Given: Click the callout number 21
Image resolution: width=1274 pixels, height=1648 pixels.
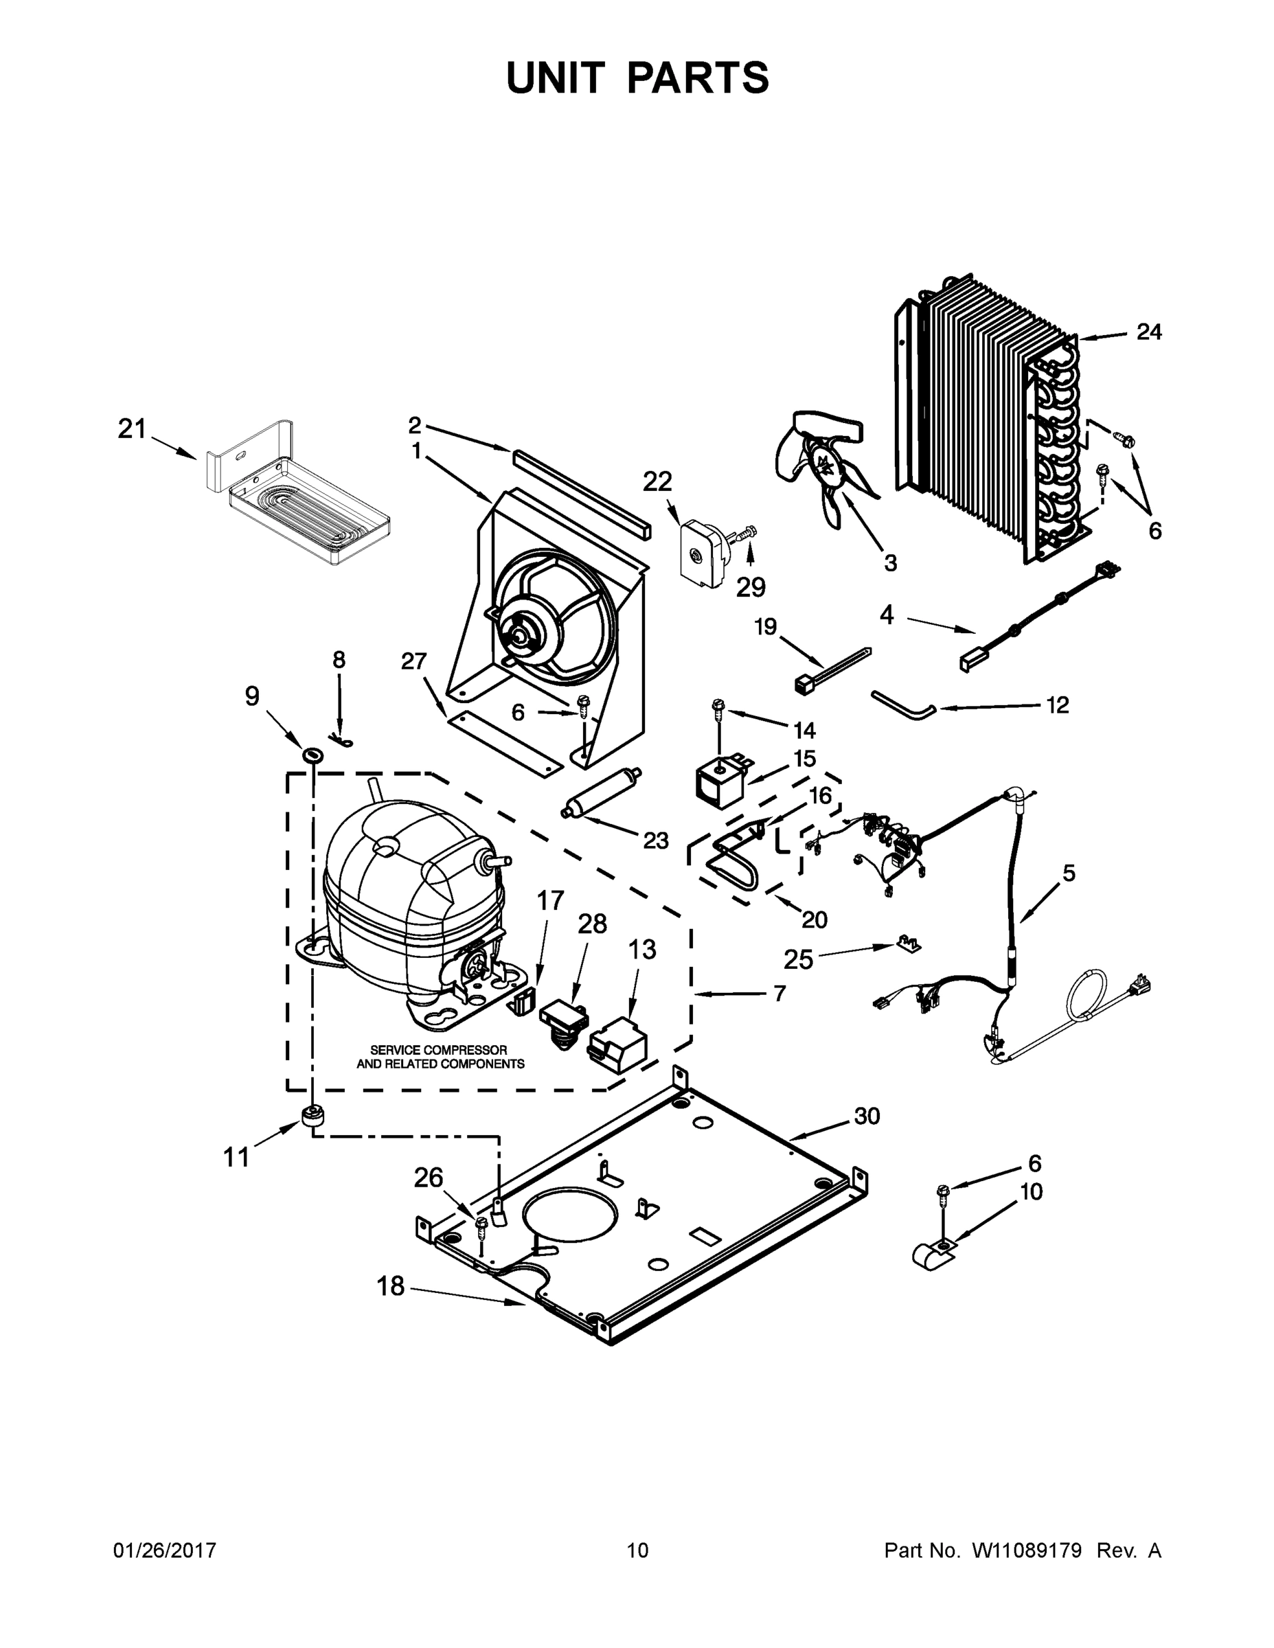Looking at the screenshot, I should (131, 428).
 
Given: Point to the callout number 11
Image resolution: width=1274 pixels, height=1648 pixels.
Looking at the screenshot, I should (236, 1157).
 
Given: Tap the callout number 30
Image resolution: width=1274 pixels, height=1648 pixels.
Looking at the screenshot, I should (867, 1115).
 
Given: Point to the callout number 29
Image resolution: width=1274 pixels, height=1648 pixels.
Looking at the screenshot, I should (750, 586).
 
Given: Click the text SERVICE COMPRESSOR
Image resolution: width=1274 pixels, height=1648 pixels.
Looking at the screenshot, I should (437, 1050).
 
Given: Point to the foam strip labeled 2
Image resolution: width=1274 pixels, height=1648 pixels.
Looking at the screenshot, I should (581, 490).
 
